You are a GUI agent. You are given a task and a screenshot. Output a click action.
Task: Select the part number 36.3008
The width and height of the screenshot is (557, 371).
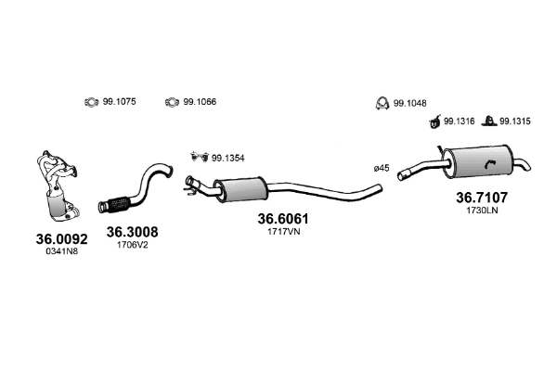click(132, 232)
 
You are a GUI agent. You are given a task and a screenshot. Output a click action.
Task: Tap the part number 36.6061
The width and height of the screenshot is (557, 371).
click(282, 220)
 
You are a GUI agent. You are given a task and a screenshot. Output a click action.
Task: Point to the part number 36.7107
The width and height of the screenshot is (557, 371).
click(482, 197)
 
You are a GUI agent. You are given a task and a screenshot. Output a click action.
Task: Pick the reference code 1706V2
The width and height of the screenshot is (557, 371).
click(132, 245)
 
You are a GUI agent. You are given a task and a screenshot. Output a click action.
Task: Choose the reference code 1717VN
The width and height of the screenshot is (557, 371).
click(282, 233)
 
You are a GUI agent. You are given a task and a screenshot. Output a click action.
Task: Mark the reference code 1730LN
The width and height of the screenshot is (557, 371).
click(482, 210)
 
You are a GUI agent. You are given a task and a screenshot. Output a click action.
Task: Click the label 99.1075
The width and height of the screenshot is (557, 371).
click(119, 102)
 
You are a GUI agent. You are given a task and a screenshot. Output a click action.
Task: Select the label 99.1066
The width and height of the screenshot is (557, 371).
click(200, 102)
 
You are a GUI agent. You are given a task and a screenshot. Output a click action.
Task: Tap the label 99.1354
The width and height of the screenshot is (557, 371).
click(227, 158)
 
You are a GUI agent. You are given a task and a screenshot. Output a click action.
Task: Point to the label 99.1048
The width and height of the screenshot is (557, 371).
click(409, 103)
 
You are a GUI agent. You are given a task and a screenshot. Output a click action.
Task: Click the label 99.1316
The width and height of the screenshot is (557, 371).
click(460, 120)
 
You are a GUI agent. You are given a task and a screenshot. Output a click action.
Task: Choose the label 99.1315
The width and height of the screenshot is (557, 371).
click(514, 120)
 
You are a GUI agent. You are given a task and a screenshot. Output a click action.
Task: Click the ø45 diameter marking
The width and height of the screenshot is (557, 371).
click(381, 168)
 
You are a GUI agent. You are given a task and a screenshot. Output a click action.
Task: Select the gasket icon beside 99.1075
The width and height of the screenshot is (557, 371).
click(92, 102)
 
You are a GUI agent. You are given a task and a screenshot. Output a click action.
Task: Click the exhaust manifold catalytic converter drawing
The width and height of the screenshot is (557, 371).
click(58, 185)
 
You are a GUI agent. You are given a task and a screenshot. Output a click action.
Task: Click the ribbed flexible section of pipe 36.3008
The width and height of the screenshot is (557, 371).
click(120, 203)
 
